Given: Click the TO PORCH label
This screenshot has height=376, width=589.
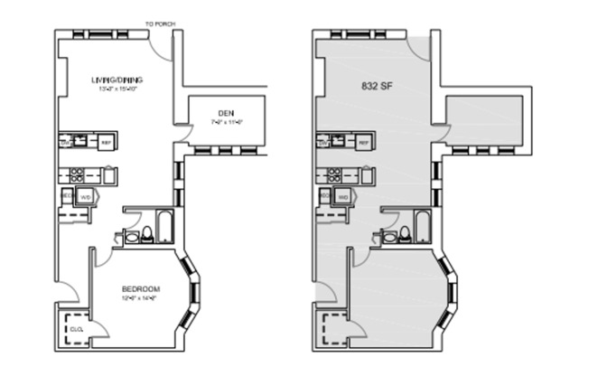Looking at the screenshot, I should click(x=160, y=24).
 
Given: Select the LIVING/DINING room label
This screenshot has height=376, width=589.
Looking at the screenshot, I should click(x=117, y=80).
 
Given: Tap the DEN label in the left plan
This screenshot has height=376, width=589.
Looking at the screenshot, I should click(x=226, y=112).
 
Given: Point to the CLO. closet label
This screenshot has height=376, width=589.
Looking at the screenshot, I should click(x=76, y=329).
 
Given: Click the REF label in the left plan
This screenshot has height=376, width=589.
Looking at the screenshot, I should click(x=106, y=143).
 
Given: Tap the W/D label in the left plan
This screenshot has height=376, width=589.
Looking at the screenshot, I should click(x=86, y=196).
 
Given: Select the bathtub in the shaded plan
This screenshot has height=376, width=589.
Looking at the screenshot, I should click(x=424, y=227).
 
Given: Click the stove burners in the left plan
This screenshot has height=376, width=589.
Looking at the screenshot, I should click(x=78, y=174).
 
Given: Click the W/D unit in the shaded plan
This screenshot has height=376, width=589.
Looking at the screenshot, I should click(x=342, y=196).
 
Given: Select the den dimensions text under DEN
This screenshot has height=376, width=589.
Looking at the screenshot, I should click(x=226, y=121).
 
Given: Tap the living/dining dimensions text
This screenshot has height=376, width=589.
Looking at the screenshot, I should click(x=117, y=89).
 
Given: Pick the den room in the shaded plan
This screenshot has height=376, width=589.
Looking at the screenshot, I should click(x=482, y=120).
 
